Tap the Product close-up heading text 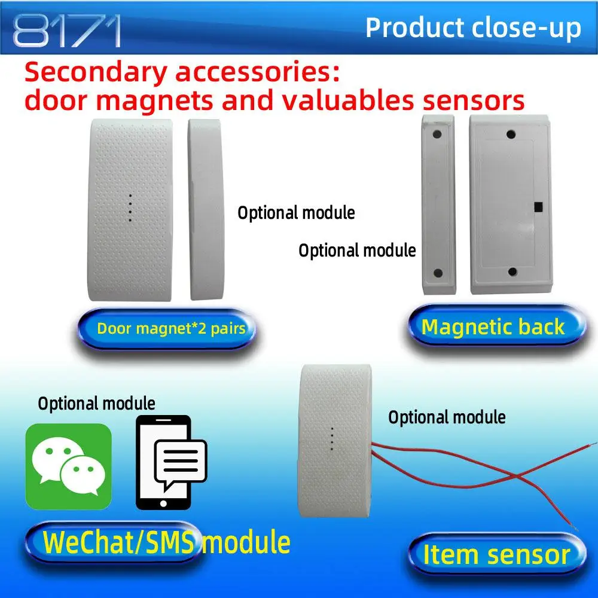pos(473,28)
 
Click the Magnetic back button pos(493,327)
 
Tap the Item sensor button pos(496,554)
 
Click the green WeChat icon pos(69,466)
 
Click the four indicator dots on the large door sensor pos(130,208)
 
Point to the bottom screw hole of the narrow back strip pos(438,273)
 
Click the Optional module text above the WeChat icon pos(96,404)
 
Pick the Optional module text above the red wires pos(447,417)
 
